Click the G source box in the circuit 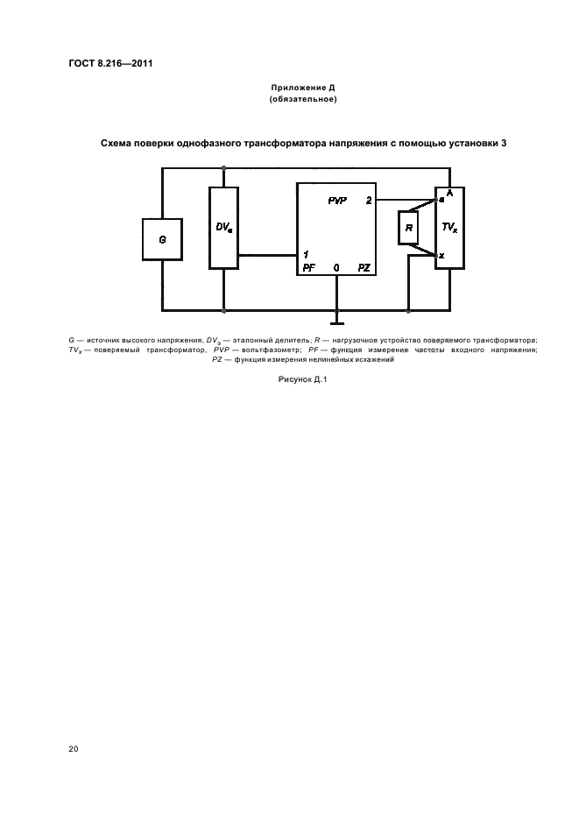(161, 238)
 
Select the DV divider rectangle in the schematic (224, 227)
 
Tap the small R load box (408, 228)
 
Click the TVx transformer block (449, 227)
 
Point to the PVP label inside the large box (337, 201)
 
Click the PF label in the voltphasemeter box (309, 266)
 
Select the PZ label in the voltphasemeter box (364, 266)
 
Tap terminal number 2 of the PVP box (369, 201)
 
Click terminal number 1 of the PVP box (305, 254)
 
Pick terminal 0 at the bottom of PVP (336, 266)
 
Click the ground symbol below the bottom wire (336, 320)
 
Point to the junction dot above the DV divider (224, 166)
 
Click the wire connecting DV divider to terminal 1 (267, 255)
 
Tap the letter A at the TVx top (448, 192)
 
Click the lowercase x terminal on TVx (441, 256)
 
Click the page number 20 (73, 749)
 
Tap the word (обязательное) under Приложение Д (302, 100)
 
